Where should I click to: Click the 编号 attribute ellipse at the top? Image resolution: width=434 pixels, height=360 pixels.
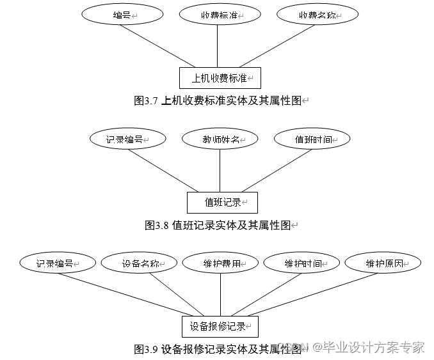[122, 15]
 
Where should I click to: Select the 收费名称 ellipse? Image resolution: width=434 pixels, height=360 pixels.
[317, 15]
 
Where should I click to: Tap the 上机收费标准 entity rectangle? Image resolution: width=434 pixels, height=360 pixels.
[219, 78]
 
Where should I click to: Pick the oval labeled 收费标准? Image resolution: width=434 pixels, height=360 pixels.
[218, 15]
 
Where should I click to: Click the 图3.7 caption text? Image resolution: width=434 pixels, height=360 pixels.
[221, 100]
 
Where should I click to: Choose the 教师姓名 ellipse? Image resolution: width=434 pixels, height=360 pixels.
[220, 139]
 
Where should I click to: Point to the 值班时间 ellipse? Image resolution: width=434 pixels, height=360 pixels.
[312, 139]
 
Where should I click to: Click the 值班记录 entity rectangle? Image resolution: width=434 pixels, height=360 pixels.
[222, 202]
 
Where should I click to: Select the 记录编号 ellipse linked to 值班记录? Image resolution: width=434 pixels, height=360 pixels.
[128, 139]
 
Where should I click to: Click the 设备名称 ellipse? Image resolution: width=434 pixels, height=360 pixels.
[140, 263]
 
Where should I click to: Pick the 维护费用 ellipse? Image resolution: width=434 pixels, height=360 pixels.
[221, 263]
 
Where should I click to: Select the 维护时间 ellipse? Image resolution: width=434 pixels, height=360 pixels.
[302, 263]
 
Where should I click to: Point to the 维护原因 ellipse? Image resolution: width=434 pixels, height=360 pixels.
[383, 263]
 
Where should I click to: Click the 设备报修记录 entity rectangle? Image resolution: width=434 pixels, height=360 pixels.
[220, 326]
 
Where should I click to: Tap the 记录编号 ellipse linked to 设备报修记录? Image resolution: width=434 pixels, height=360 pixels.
[58, 263]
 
